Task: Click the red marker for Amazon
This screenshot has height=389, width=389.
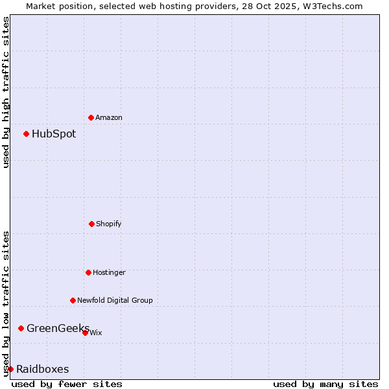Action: [x=91, y=117]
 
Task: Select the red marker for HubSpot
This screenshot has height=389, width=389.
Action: [x=26, y=134]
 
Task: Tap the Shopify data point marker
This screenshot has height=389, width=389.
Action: [x=91, y=224]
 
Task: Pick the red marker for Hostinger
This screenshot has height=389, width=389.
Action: [x=88, y=272]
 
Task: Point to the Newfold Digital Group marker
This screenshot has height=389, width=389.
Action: [x=73, y=300]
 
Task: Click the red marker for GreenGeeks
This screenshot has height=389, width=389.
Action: [x=21, y=328]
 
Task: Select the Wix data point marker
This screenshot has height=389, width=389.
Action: [x=85, y=333]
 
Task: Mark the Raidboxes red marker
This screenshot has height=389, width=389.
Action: [x=10, y=369]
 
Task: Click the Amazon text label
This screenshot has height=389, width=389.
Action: [x=109, y=117]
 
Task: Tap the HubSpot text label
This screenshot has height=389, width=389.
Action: [x=54, y=134]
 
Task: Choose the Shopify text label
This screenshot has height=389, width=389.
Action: [x=109, y=224]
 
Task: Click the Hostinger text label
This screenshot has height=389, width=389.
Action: [x=109, y=272]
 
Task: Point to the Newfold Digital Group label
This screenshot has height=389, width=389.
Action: [x=115, y=300]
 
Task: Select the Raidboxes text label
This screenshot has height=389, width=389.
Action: [x=43, y=369]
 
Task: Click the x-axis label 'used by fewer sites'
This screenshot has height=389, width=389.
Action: [x=67, y=384]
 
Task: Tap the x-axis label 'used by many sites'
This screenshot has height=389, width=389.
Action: [x=325, y=384]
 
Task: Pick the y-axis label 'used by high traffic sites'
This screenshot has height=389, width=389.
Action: [x=6, y=92]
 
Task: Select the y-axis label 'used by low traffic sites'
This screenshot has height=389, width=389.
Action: [x=6, y=303]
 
